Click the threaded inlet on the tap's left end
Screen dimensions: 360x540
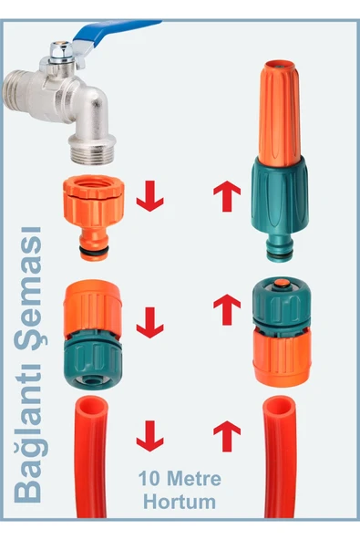(x=15, y=92)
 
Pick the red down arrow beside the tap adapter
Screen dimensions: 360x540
(x=150, y=196)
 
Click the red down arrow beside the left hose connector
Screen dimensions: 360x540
(x=150, y=323)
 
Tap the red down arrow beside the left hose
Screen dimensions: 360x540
(x=150, y=436)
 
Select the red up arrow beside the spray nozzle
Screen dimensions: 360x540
(x=227, y=196)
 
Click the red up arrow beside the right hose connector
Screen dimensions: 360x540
(x=227, y=309)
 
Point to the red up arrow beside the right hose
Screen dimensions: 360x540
(x=227, y=436)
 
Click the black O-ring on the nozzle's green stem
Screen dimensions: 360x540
(x=280, y=255)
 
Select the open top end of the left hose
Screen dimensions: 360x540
(x=92, y=408)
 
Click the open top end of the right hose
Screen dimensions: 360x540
(x=280, y=407)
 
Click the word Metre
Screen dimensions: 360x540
(x=194, y=478)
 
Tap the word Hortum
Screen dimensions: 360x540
(x=180, y=502)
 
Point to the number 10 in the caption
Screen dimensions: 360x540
(x=150, y=478)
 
